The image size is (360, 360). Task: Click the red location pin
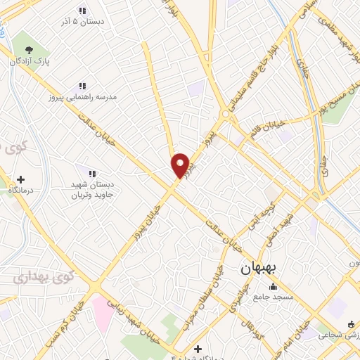[180, 165]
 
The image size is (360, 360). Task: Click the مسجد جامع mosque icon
[272, 287]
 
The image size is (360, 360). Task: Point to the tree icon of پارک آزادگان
[29, 49]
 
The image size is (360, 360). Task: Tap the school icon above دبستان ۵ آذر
[82, 11]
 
